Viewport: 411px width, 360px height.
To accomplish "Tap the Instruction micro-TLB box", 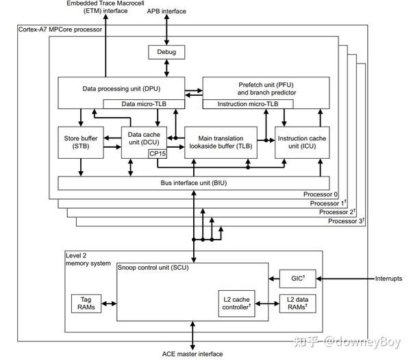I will (248, 103).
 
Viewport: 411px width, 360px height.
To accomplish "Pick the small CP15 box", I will (158, 153).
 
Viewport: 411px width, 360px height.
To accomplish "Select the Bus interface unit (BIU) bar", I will (195, 183).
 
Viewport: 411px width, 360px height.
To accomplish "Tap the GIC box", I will (298, 279).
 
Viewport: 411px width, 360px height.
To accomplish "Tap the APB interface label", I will (166, 12).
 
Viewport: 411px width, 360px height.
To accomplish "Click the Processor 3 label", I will (346, 221).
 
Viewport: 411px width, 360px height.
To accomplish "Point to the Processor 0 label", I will (320, 194).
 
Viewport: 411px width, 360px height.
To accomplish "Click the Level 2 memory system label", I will (88, 259).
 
